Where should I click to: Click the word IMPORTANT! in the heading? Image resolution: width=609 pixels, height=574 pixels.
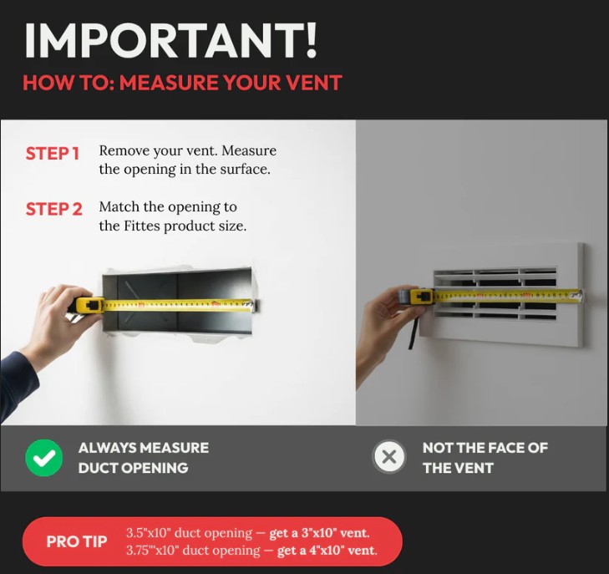(x=171, y=40)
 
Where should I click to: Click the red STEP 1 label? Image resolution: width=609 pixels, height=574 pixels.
(x=53, y=154)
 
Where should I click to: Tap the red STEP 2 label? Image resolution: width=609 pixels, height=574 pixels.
(x=54, y=209)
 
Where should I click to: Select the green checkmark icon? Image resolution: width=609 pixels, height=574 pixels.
(x=44, y=458)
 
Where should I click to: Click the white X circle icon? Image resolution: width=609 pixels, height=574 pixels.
(x=388, y=457)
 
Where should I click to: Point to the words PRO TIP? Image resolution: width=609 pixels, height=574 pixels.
(x=77, y=541)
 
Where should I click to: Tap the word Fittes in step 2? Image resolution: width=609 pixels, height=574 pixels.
(x=142, y=226)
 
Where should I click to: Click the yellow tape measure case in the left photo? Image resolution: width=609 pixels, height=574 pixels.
(x=89, y=305)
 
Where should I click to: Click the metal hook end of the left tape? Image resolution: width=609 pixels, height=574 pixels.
(x=254, y=305)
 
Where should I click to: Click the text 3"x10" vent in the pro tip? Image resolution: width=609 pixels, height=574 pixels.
(x=335, y=533)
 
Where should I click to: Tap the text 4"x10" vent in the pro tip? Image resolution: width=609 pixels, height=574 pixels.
(x=343, y=551)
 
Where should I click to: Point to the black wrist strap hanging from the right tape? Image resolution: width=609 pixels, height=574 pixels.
(x=414, y=333)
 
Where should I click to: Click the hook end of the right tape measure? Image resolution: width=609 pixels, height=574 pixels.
(x=581, y=295)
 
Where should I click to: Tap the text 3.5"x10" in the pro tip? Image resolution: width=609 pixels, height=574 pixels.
(x=149, y=533)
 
